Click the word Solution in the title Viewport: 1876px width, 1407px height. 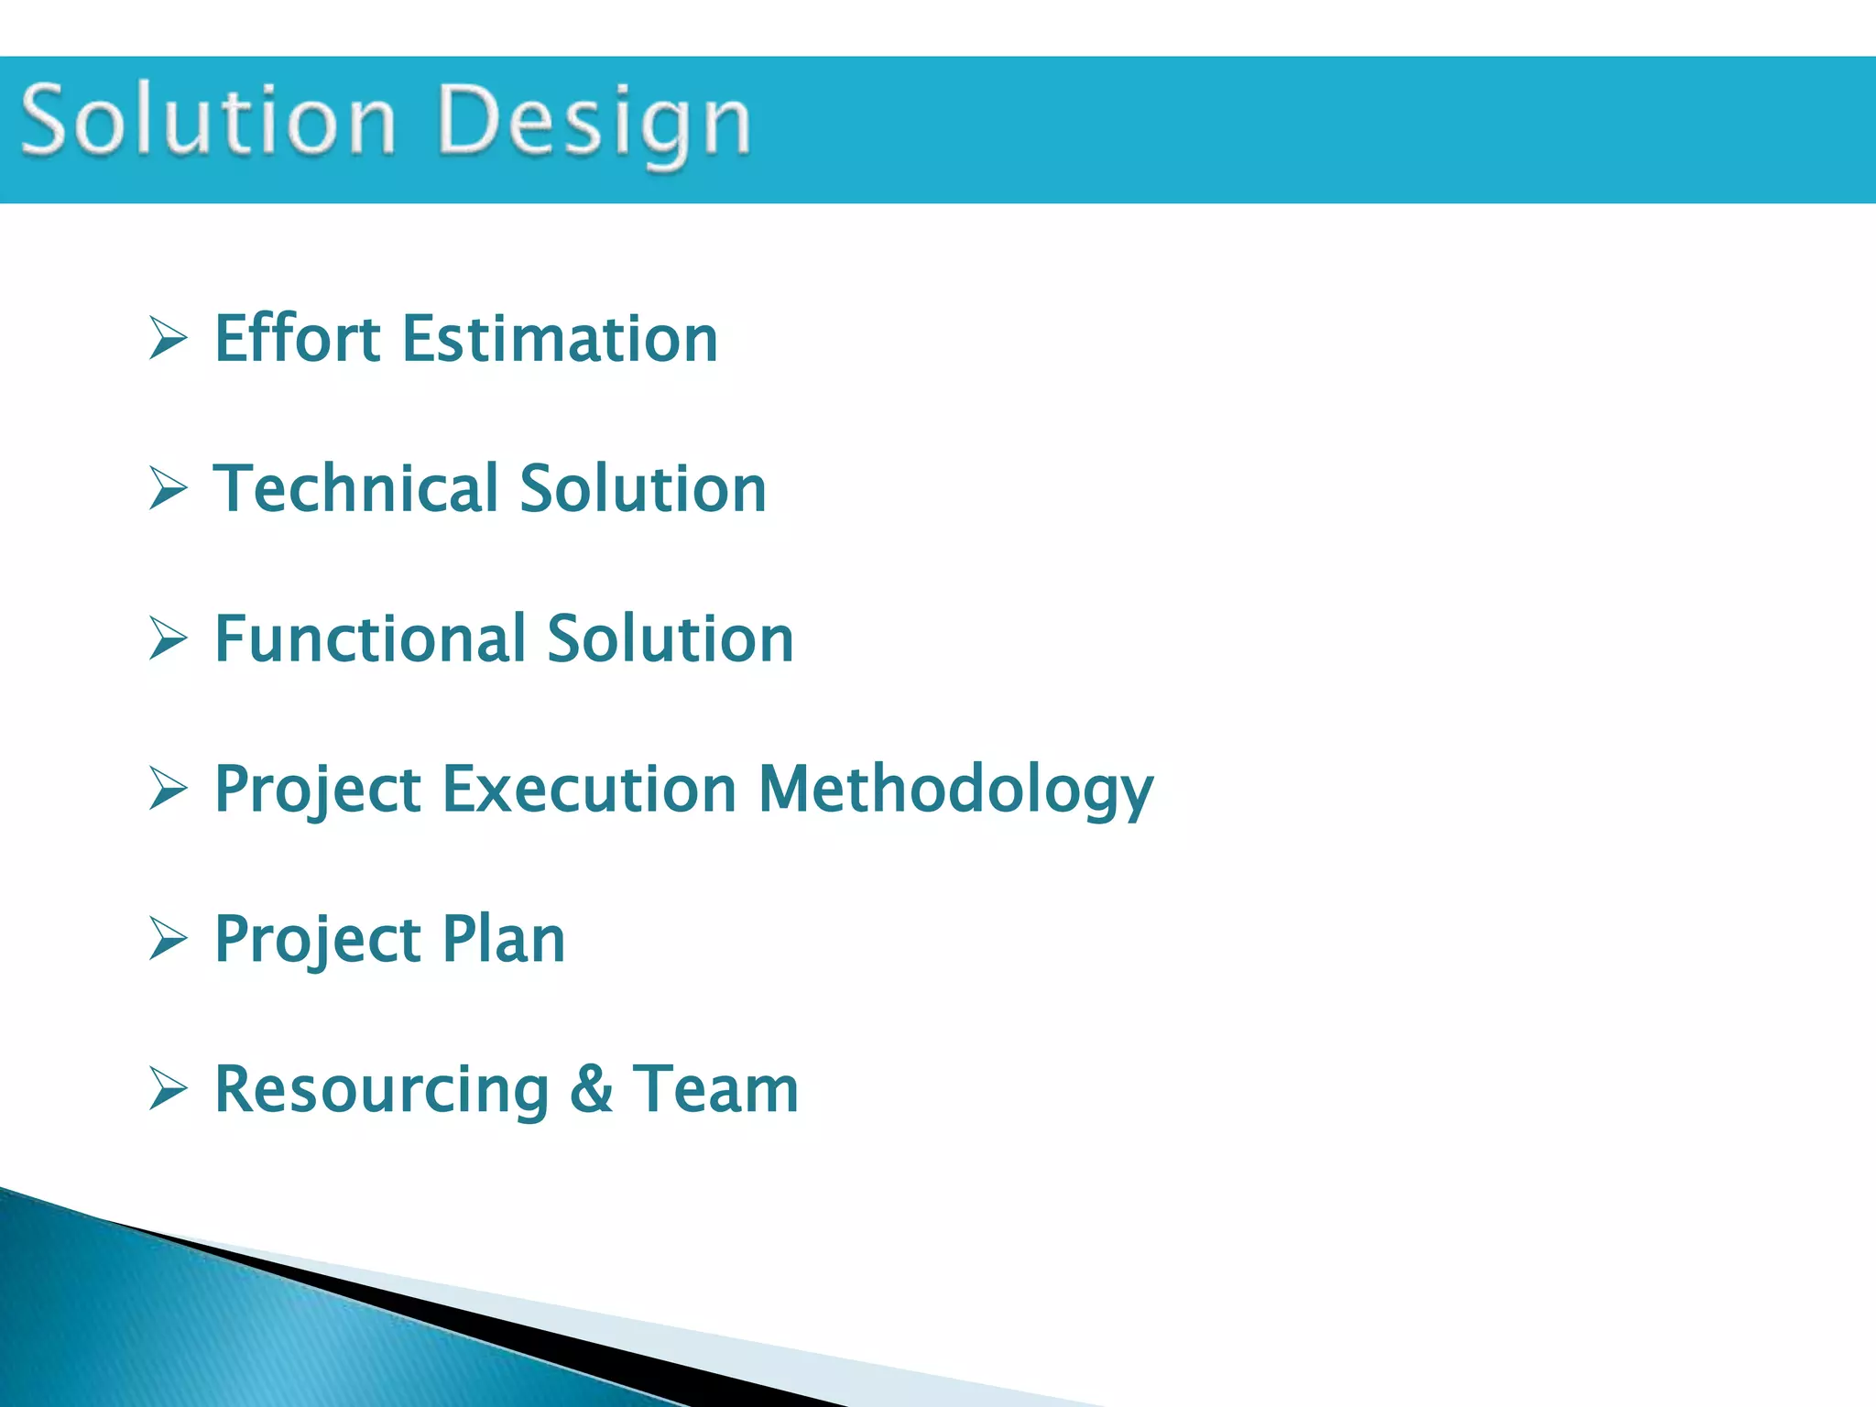tap(209, 121)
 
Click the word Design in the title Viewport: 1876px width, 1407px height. tap(595, 124)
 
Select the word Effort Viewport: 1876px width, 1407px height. tap(298, 339)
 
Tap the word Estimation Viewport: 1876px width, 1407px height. tap(560, 339)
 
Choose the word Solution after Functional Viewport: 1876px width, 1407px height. tap(671, 638)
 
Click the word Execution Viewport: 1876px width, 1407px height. tap(589, 789)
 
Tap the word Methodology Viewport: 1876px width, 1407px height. tap(955, 791)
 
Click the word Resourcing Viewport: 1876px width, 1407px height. tap(382, 1090)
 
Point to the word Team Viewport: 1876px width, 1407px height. tap(715, 1089)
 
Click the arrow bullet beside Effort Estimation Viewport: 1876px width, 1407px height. tap(169, 339)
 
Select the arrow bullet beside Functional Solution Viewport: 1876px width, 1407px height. tap(169, 638)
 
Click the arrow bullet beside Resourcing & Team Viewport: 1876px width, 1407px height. tap(169, 1089)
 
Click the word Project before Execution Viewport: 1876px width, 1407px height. tap(317, 791)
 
